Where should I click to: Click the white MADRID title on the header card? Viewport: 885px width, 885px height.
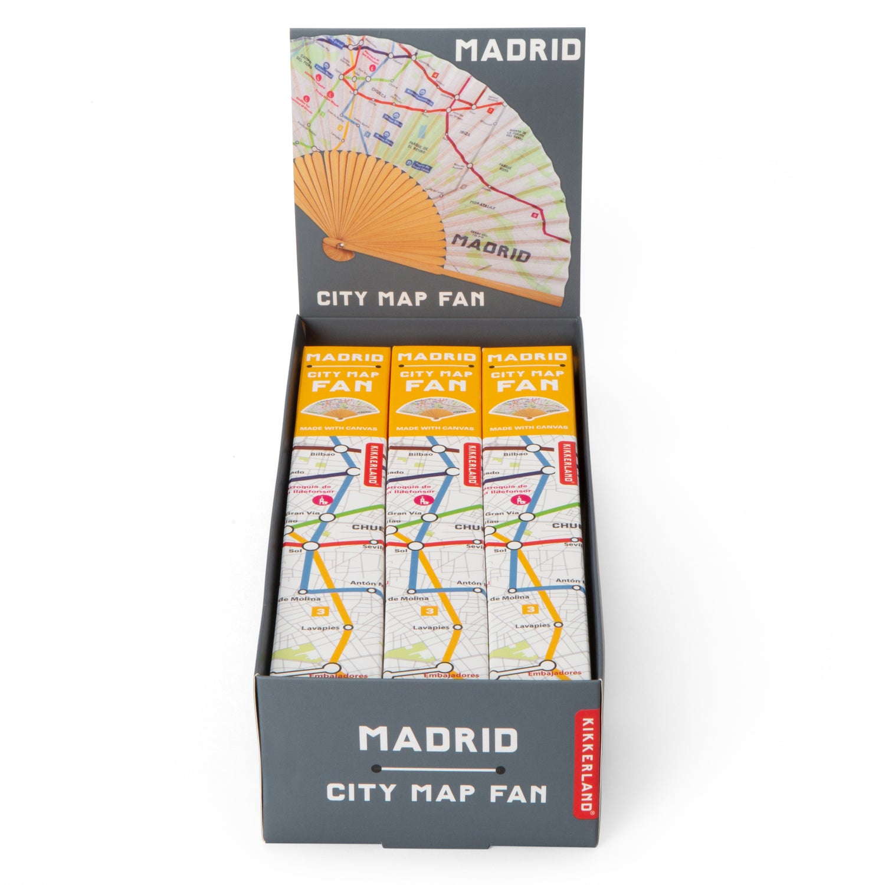click(x=518, y=51)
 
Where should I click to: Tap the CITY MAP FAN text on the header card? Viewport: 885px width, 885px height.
click(x=401, y=297)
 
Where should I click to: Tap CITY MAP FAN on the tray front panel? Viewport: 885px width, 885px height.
click(x=437, y=792)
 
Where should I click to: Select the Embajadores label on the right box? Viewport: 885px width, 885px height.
click(x=554, y=673)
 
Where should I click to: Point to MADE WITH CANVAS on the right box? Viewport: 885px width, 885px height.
click(x=529, y=428)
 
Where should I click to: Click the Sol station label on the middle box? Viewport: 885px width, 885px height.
click(x=401, y=550)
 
